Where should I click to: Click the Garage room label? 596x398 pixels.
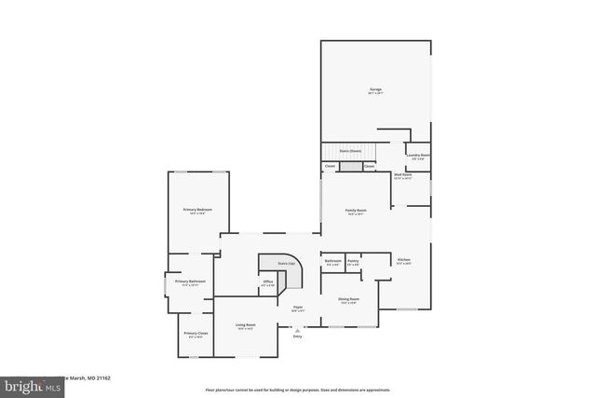point(375,90)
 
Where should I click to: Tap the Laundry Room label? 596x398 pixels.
point(418,156)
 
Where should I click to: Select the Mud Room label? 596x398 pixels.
point(402,175)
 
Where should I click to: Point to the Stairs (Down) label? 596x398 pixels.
point(350,150)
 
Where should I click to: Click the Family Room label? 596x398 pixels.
point(356,213)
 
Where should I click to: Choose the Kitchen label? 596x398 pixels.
point(403,260)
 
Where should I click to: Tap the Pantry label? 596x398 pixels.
point(353,261)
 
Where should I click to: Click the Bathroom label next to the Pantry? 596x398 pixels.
point(332,261)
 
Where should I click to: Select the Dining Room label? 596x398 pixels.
point(349,299)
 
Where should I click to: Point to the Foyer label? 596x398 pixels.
point(298,307)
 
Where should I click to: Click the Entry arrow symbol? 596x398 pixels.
point(297,328)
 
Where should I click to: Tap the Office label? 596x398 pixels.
point(267,282)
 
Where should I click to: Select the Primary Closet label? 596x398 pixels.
point(196,334)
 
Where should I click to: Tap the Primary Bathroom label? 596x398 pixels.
point(190,281)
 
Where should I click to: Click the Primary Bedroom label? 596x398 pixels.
point(197,211)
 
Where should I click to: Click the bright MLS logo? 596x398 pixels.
point(28,384)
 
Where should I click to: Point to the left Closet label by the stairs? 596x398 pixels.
point(330,167)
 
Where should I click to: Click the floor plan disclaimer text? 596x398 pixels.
point(298,390)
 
